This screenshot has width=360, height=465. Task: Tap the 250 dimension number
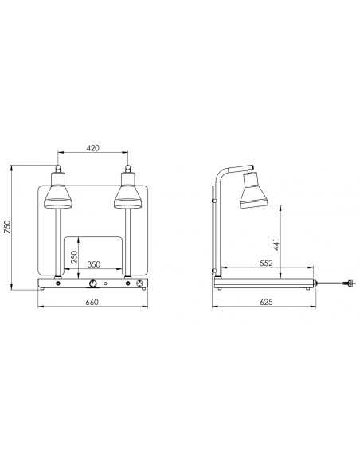click(72, 256)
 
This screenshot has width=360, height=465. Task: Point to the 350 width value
click(93, 264)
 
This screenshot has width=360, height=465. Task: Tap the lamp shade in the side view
click(252, 190)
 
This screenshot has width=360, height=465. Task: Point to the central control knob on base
click(93, 283)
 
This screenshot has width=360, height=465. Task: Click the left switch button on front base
click(57, 283)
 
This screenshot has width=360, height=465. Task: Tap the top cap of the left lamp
click(58, 169)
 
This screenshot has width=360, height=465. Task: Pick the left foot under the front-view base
click(44, 290)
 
